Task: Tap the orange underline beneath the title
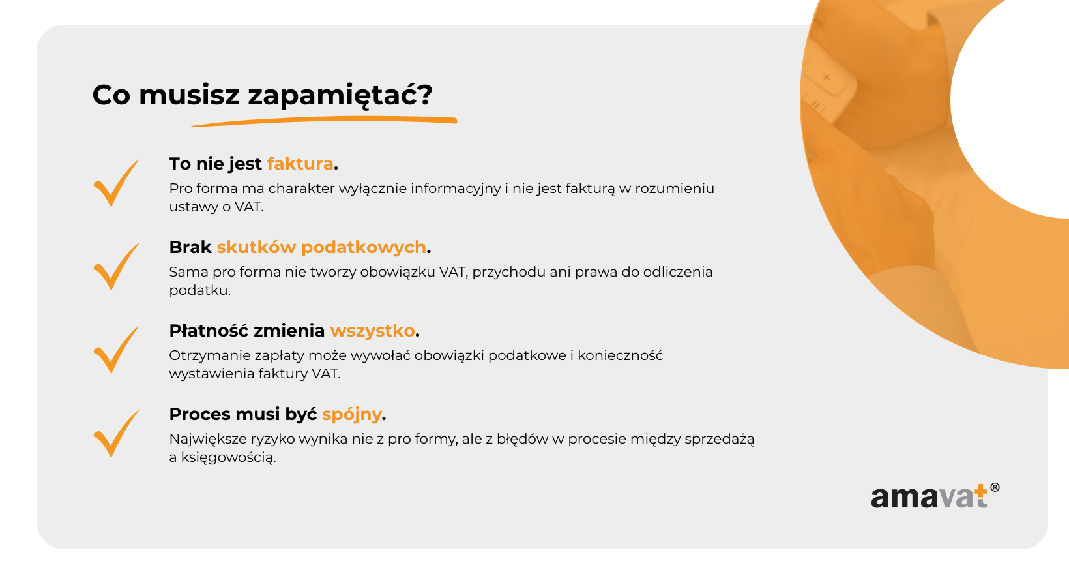tap(325, 121)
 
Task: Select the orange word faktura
tap(300, 164)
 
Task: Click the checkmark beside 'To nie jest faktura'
tap(116, 183)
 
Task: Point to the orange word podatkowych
tap(364, 247)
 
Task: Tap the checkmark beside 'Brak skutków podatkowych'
tap(116, 267)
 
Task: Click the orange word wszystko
tap(373, 331)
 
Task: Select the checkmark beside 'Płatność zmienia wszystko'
tap(116, 350)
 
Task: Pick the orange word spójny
tap(352, 414)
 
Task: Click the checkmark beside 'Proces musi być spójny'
tap(116, 434)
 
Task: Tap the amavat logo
tap(935, 496)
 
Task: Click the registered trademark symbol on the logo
tap(995, 487)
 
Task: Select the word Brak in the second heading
tap(190, 247)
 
